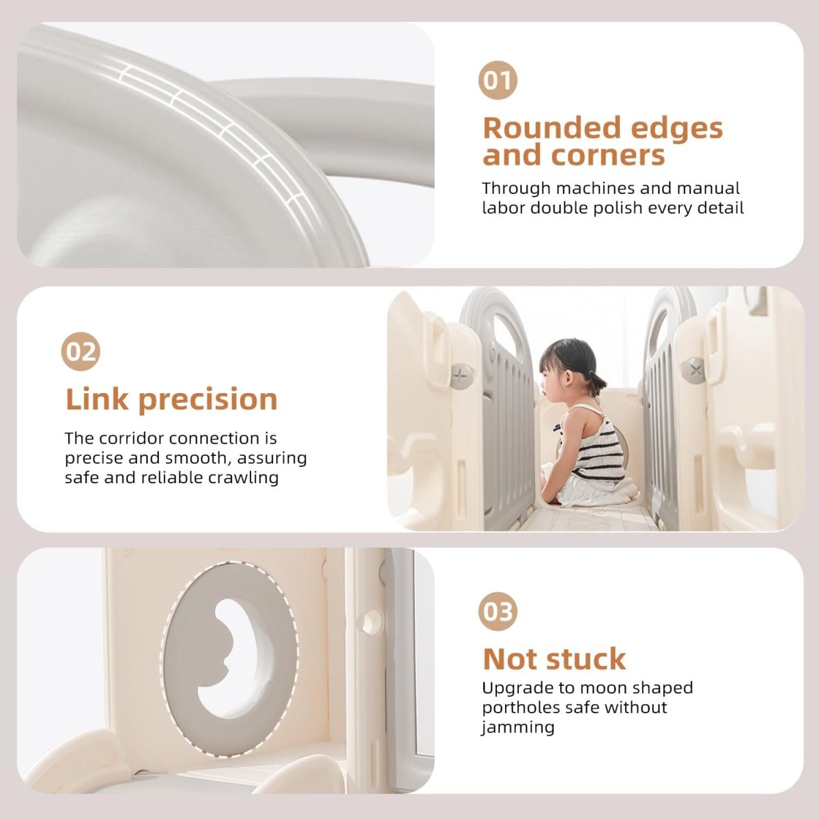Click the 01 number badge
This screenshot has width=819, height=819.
[498, 81]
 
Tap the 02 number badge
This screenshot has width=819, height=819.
[81, 351]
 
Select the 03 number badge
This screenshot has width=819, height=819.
[498, 612]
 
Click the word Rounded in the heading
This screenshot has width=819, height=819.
[547, 128]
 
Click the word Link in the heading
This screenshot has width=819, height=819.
[97, 399]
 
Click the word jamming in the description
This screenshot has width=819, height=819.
[518, 728]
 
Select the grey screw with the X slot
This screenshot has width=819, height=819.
[695, 369]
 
